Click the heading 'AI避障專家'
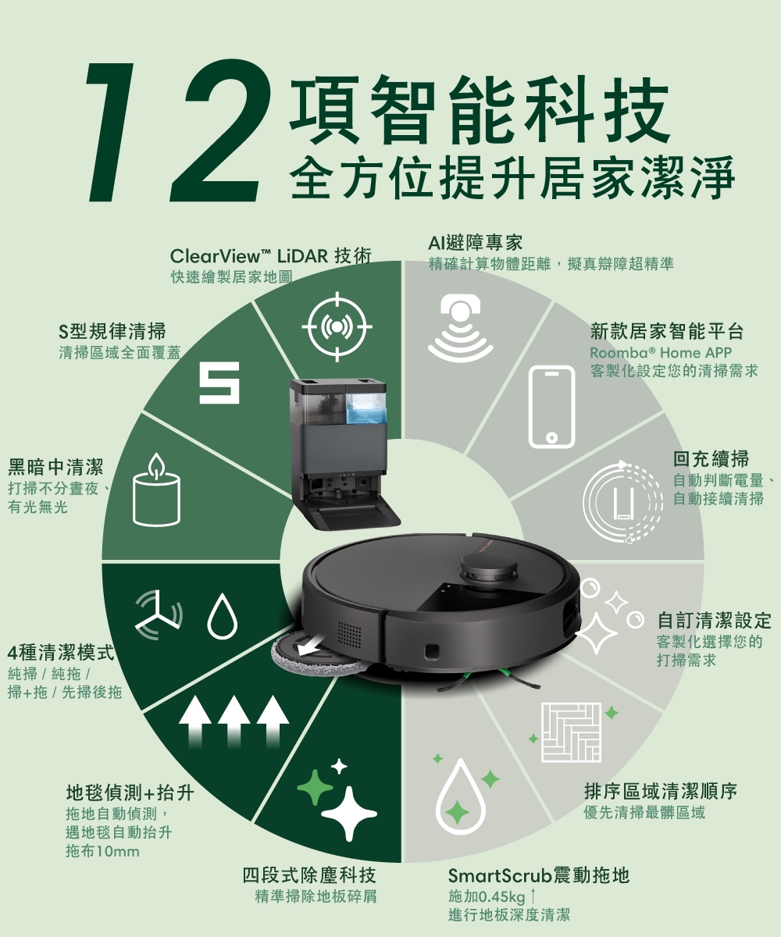tap(476, 243)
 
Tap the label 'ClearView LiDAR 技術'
tap(270, 257)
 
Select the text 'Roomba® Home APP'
tap(661, 353)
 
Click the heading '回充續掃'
tap(711, 458)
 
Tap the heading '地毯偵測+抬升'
tap(129, 794)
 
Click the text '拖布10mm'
tap(102, 850)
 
